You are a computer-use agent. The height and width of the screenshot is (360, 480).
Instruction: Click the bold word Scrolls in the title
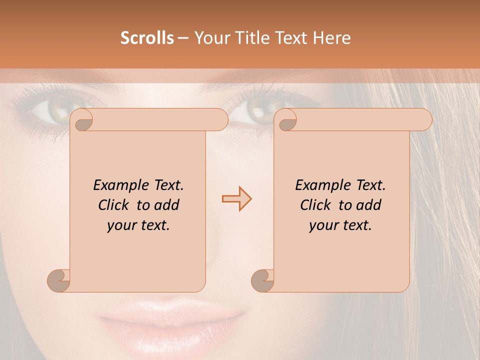pyautogui.click(x=147, y=38)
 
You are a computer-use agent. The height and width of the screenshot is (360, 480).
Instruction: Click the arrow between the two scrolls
pyautogui.click(x=236, y=199)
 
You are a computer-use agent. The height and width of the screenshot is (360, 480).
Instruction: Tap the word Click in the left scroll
pyautogui.click(x=115, y=205)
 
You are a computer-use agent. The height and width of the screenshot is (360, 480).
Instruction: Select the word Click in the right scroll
pyautogui.click(x=317, y=205)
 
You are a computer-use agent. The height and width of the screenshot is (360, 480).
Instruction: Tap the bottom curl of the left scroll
pyautogui.click(x=58, y=280)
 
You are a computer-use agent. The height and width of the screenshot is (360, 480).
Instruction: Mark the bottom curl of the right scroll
pyautogui.click(x=262, y=280)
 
